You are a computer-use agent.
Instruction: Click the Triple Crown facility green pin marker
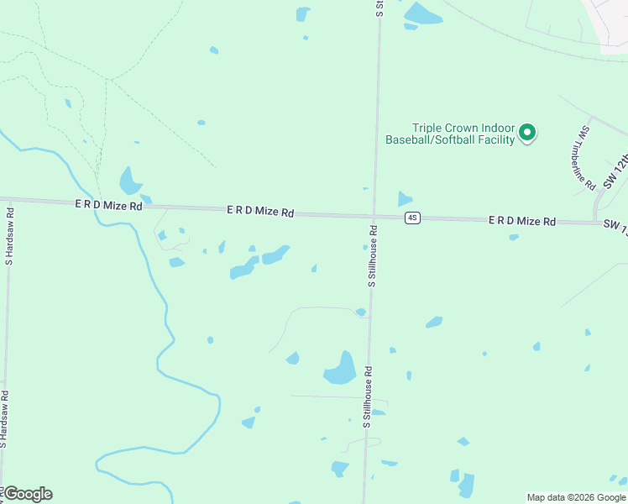tap(527, 132)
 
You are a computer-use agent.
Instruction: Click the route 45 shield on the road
tap(411, 218)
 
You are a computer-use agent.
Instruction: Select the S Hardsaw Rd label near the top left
tap(10, 236)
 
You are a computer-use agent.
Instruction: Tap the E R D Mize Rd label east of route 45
tap(522, 221)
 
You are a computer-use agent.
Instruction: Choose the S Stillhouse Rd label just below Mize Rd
tap(370, 256)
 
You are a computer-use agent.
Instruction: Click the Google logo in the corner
tap(28, 494)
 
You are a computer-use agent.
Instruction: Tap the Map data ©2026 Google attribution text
tap(576, 497)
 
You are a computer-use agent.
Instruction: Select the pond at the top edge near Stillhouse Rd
tap(422, 14)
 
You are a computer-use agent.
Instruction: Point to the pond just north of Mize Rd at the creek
tap(129, 181)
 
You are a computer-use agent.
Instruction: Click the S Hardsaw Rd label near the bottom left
tap(5, 421)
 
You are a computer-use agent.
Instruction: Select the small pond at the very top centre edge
tap(302, 13)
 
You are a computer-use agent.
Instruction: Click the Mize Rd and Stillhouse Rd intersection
tap(374, 216)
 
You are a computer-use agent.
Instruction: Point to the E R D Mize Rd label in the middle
tap(260, 212)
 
